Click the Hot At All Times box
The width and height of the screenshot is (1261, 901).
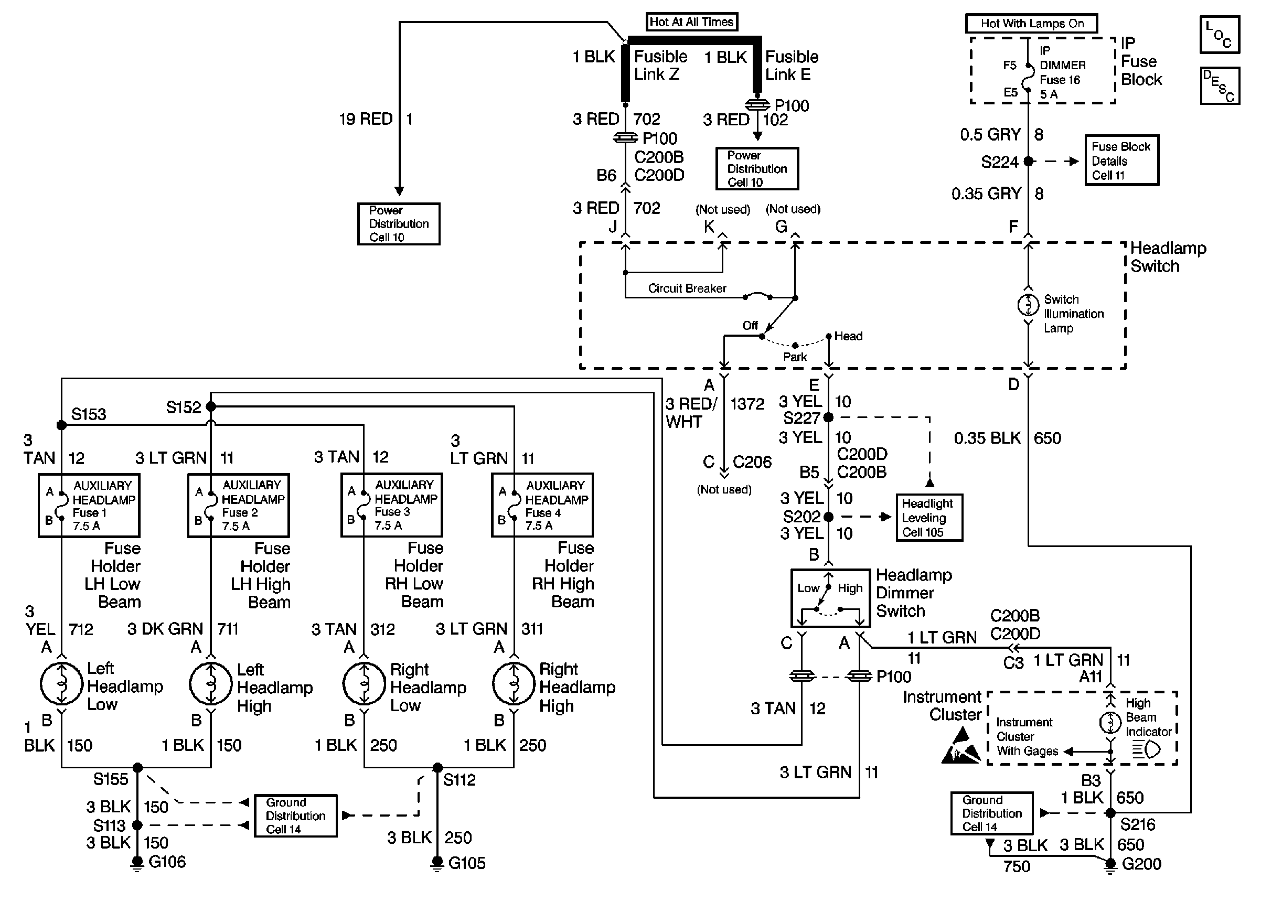pos(691,22)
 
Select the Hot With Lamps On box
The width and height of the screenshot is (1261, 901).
pos(1031,23)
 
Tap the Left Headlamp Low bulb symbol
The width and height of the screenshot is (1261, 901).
pos(61,683)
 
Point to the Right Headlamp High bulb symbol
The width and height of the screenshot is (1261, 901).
pos(514,683)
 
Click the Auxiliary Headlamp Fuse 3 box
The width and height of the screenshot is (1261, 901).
pos(392,505)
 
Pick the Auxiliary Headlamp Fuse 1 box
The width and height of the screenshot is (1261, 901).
pos(89,505)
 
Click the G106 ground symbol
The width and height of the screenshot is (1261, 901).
pos(137,863)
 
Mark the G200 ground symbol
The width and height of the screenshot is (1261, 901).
pos(1110,865)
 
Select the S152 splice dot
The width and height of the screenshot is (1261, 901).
pos(211,406)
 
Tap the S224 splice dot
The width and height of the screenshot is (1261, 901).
pos(1029,162)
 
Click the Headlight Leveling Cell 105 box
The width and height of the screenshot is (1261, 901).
pos(929,518)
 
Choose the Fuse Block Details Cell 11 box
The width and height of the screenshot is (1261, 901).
pos(1121,160)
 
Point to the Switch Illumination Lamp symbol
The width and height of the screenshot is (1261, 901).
pos(1028,305)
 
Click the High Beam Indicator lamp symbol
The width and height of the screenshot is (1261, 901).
pos(1110,722)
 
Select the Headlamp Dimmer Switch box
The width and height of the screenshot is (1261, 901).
pos(830,598)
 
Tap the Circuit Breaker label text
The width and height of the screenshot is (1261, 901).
pos(687,288)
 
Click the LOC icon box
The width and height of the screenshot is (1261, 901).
pos(1220,35)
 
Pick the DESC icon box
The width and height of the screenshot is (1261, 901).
pos(1220,86)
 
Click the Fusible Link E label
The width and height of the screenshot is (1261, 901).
pos(792,66)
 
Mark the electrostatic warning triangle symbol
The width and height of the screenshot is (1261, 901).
pos(961,747)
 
